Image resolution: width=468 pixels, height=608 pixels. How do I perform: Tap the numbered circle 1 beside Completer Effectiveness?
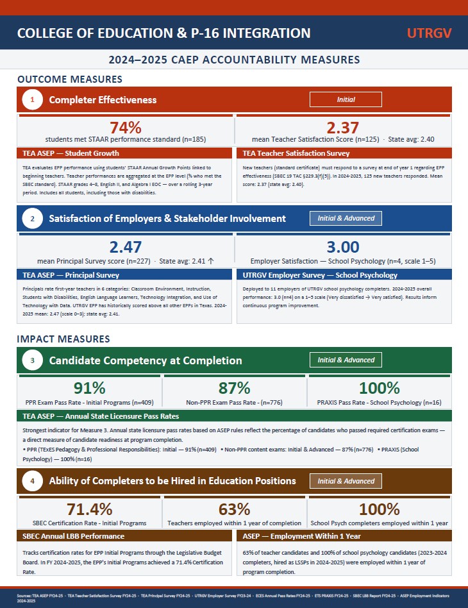click(x=32, y=99)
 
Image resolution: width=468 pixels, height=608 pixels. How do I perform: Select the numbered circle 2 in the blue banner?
click(x=32, y=219)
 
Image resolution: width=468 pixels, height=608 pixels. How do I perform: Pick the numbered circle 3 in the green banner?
click(x=32, y=360)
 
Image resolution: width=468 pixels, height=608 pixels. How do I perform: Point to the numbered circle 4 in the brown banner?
click(x=32, y=481)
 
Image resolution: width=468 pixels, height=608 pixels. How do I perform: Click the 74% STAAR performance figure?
click(x=126, y=128)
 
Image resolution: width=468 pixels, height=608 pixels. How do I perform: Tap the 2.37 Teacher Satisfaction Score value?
click(x=343, y=128)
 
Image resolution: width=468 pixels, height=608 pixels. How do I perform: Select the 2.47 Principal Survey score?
click(x=126, y=247)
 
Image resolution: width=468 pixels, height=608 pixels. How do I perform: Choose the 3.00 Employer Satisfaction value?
click(x=343, y=247)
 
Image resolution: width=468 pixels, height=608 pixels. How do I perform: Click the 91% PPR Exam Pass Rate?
click(x=90, y=388)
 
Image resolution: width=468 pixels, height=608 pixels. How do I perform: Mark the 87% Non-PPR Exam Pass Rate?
click(x=235, y=388)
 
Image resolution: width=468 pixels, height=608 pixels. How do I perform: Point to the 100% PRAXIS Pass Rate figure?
click(x=380, y=388)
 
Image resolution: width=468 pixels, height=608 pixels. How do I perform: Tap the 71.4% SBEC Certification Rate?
click(x=90, y=509)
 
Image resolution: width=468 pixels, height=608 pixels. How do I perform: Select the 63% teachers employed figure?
click(x=235, y=509)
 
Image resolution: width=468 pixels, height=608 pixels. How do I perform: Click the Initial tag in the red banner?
click(x=346, y=99)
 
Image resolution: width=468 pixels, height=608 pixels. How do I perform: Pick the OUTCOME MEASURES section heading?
click(x=69, y=80)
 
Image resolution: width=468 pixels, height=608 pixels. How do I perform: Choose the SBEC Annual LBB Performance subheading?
click(x=73, y=536)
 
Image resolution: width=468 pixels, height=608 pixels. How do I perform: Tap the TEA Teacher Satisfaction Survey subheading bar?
click(x=296, y=153)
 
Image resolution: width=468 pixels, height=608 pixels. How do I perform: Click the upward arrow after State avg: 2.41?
click(x=211, y=261)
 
